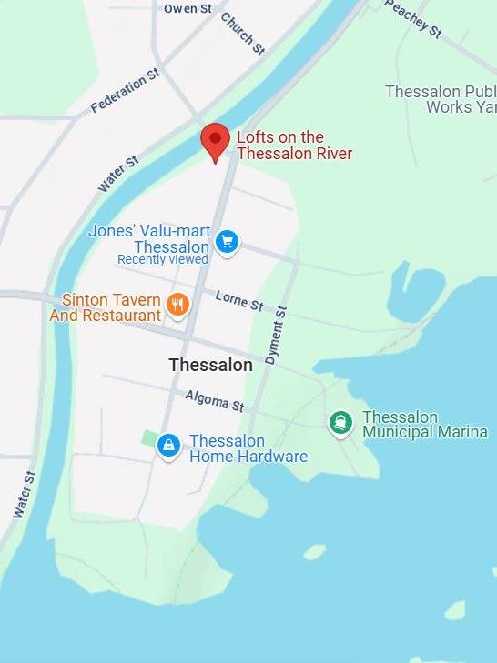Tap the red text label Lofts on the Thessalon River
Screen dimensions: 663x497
pos(293,146)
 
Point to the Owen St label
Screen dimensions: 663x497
pos(188,8)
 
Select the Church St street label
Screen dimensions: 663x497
pos(242,33)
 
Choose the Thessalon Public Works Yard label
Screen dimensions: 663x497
pos(440,99)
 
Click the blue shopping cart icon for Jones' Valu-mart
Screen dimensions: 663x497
pos(227,241)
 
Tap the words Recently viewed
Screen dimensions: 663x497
pos(162,260)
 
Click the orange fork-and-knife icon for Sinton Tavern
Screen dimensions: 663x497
pos(178,305)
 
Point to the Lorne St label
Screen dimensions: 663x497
pos(239,299)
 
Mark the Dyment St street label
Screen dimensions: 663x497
pos(275,335)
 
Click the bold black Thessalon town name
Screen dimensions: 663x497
pos(210,365)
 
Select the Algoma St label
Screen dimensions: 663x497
pos(215,400)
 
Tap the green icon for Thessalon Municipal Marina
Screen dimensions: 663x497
pos(340,422)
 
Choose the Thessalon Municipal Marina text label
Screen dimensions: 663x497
pos(424,425)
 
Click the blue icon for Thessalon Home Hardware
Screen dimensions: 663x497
pos(167,445)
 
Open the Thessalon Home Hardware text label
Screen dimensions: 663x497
pos(248,448)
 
